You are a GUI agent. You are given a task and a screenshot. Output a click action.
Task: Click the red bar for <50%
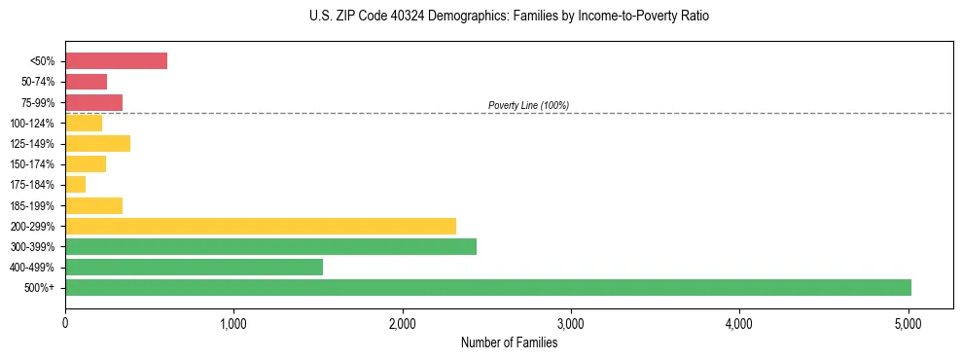tap(116, 61)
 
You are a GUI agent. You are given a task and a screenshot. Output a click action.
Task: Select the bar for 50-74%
tap(86, 82)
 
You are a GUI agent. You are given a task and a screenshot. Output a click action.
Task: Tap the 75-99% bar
tap(93, 102)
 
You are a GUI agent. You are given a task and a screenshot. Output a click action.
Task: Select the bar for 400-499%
tap(194, 267)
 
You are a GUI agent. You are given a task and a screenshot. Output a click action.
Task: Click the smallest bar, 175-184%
tap(75, 184)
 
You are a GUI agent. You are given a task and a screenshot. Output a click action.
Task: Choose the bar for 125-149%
tap(97, 143)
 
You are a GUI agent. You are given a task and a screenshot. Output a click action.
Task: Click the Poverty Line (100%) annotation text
tap(528, 105)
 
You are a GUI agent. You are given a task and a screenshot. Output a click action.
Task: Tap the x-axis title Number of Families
tap(509, 342)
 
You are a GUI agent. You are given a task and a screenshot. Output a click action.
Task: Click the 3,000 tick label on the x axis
tap(571, 324)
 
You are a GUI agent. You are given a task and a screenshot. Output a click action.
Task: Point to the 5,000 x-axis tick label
tap(909, 324)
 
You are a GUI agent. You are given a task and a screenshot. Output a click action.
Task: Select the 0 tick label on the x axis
tap(65, 324)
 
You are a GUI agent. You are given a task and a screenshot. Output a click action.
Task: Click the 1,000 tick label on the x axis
tap(233, 324)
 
